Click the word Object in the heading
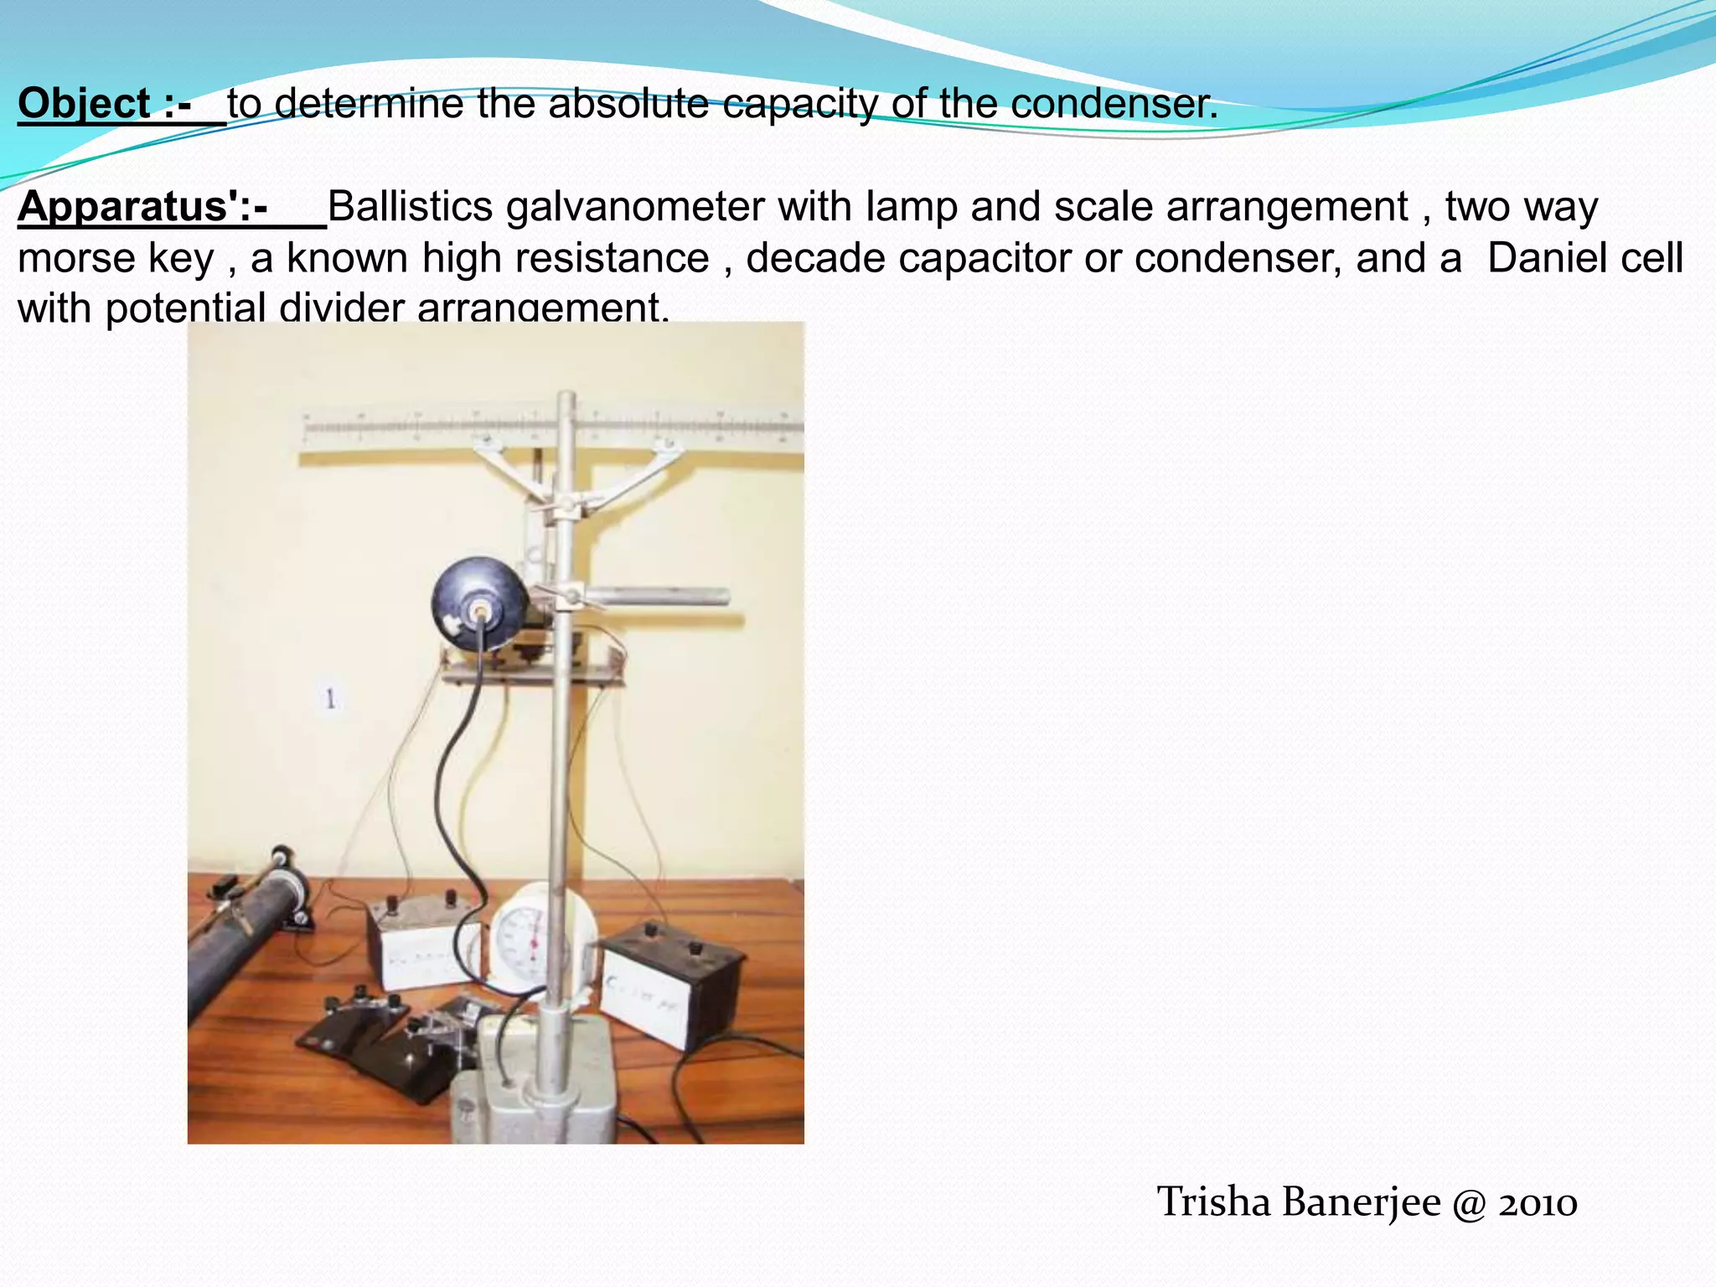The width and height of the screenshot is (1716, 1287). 84,105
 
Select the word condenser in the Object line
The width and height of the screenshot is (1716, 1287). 1114,105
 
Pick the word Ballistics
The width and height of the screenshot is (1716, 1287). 410,207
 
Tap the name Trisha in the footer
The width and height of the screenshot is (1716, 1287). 1214,1202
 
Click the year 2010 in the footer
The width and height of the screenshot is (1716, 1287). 1538,1203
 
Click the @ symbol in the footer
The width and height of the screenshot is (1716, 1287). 1470,1203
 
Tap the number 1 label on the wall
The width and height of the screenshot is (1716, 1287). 330,698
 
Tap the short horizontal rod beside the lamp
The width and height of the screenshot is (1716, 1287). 662,597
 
